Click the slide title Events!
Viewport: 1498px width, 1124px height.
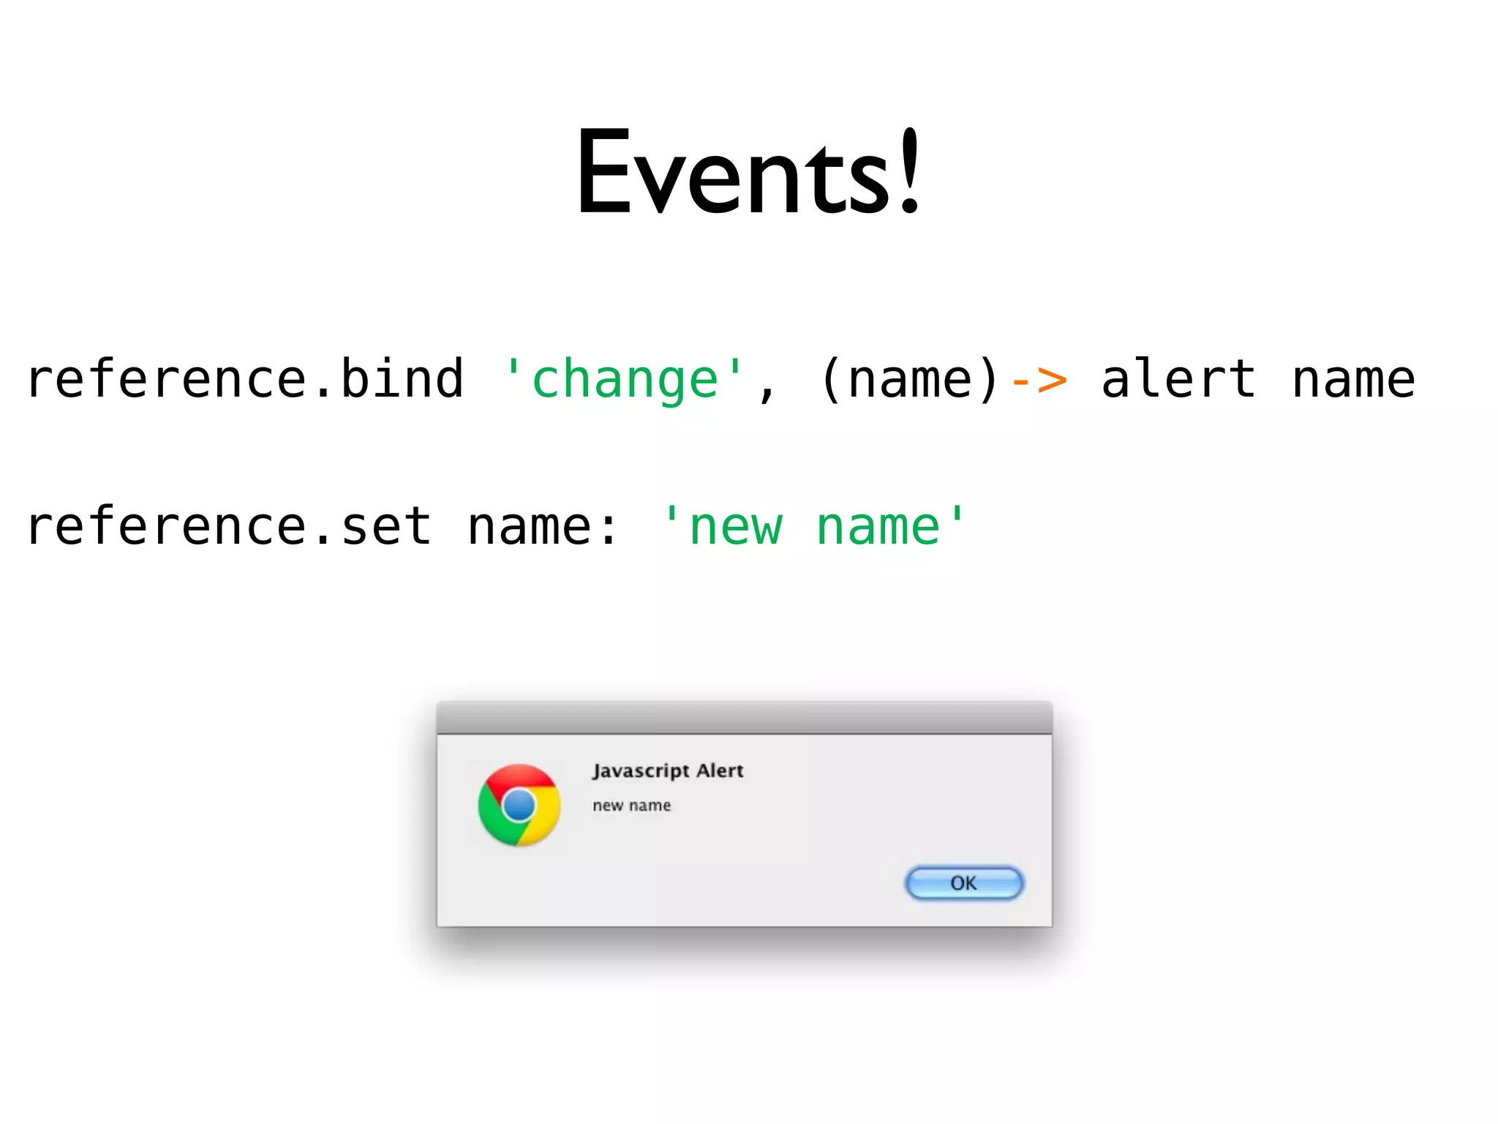748,173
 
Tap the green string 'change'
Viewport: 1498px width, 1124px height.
624,379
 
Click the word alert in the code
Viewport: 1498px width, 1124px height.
1178,379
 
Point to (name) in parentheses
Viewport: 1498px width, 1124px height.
909,379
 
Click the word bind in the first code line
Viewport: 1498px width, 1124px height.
402,379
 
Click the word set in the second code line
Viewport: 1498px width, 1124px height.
386,527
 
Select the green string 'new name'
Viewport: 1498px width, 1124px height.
813,527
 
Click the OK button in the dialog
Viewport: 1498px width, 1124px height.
964,883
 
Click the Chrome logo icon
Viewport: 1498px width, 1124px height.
519,805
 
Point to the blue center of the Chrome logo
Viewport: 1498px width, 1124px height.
519,806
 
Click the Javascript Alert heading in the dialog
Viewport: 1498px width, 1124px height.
668,771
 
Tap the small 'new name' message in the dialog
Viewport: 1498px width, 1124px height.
631,806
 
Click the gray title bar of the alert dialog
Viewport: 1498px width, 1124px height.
744,718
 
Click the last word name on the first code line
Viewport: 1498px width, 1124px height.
1353,379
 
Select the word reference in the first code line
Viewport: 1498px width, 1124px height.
167,379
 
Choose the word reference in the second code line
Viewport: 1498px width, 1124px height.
167,527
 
